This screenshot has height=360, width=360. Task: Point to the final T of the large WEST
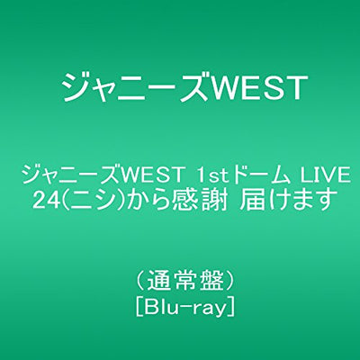(296, 88)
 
